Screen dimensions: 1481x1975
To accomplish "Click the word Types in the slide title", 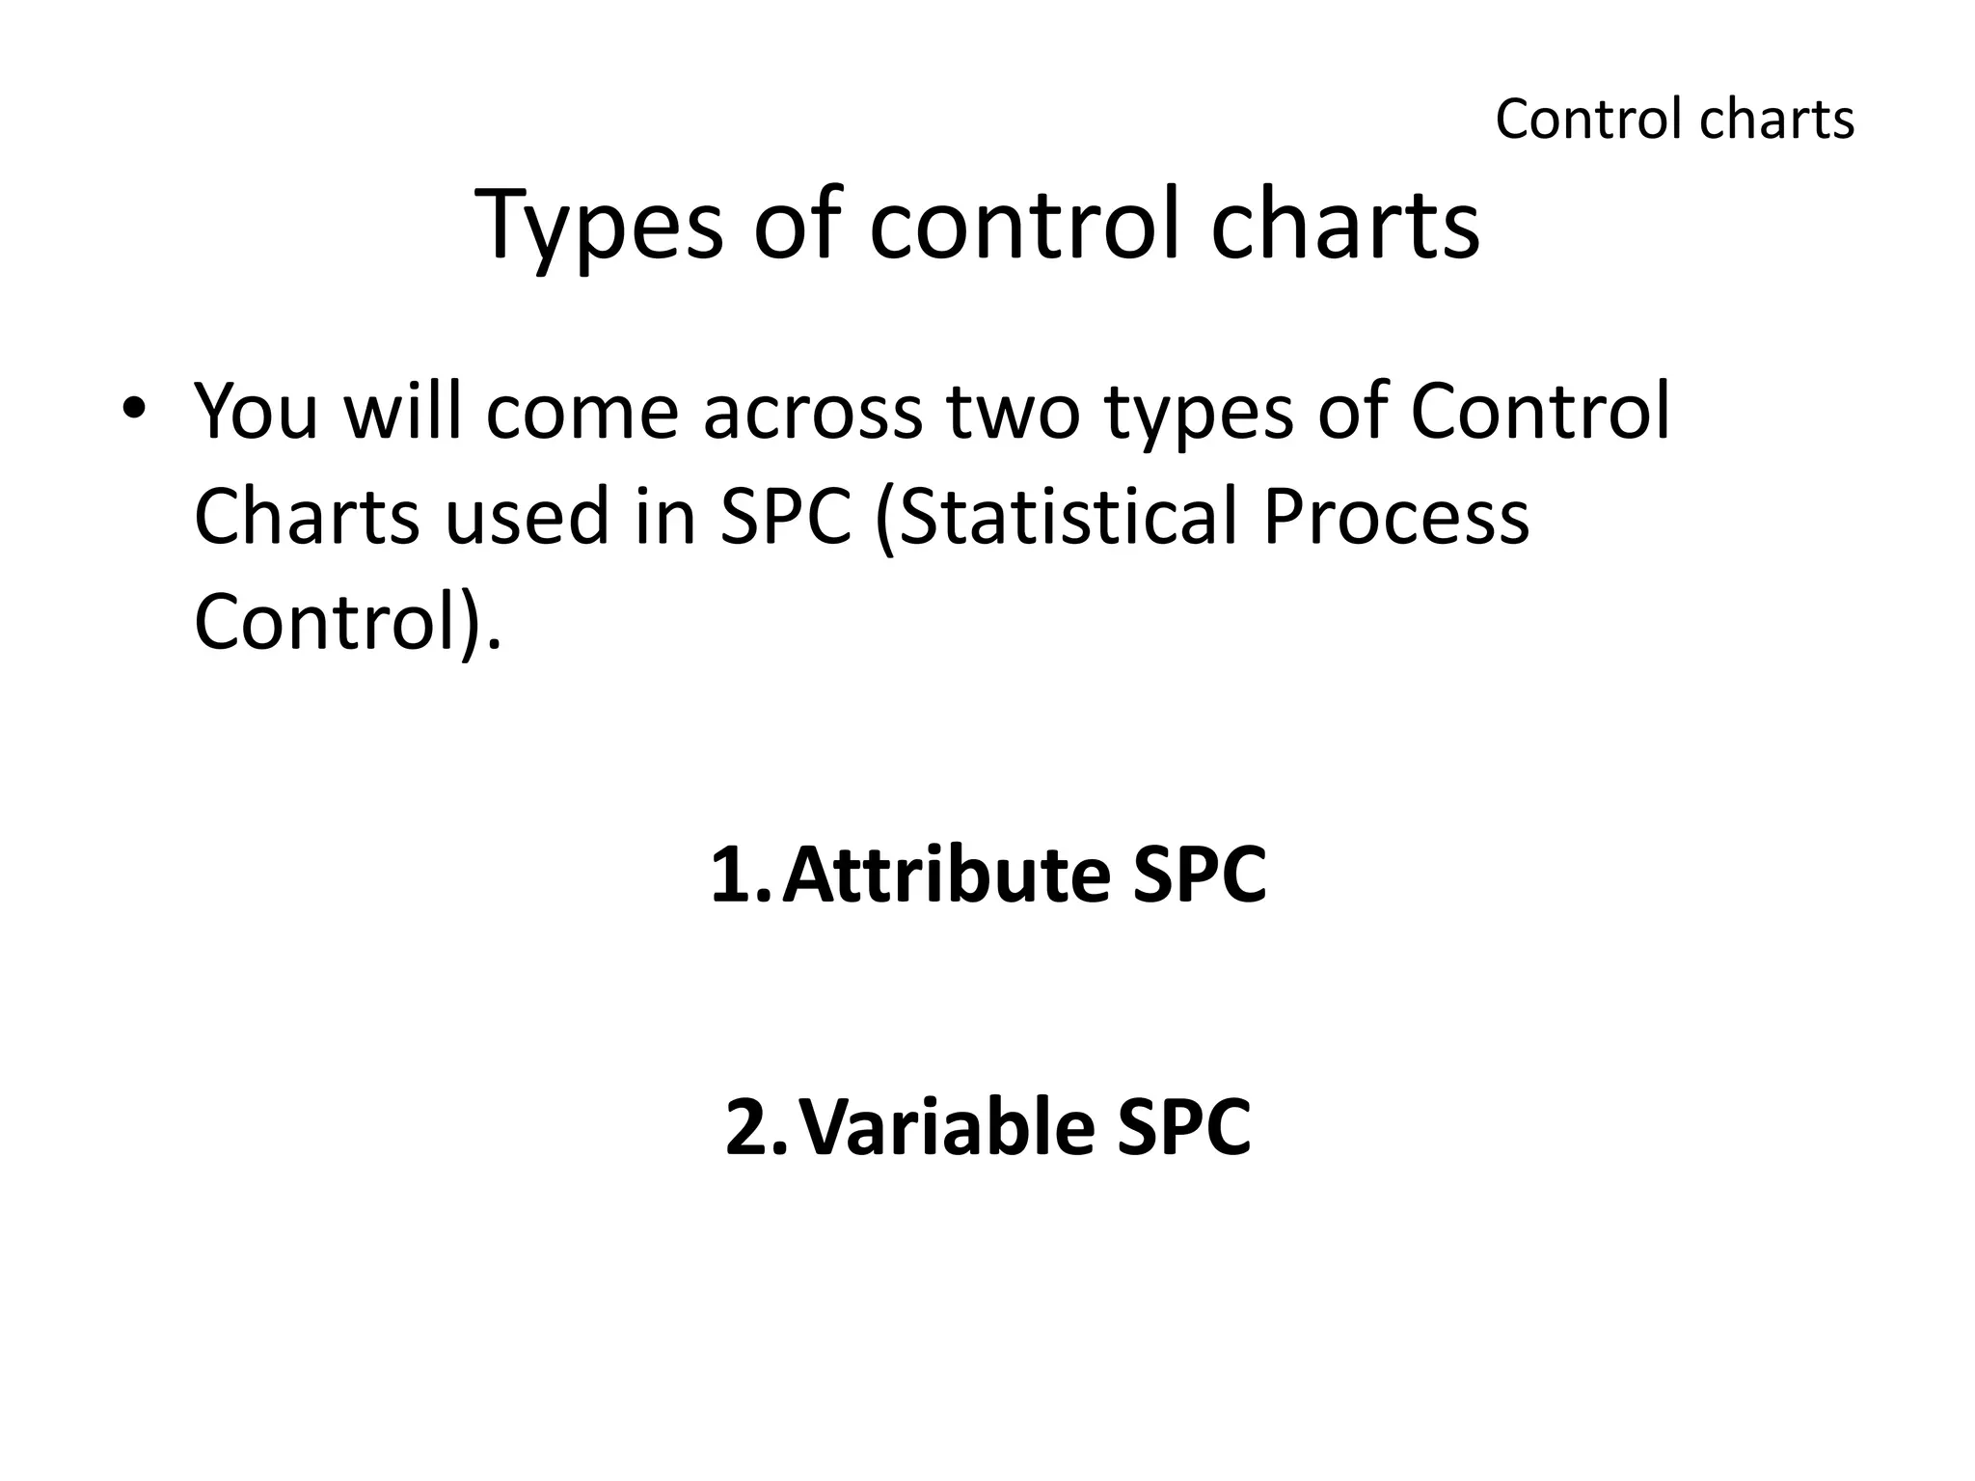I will [x=598, y=228].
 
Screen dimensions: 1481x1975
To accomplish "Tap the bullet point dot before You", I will [x=133, y=408].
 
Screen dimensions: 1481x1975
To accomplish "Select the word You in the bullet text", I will [x=256, y=412].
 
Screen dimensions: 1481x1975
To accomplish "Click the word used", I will [x=527, y=517].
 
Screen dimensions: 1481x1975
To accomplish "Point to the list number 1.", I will [x=733, y=875].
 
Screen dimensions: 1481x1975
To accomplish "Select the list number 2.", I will [x=749, y=1127].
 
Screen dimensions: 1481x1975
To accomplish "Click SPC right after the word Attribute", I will [x=1199, y=875].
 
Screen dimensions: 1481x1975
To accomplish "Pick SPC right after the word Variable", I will [x=1183, y=1127].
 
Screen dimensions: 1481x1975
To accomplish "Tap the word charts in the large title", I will [x=1344, y=228].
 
